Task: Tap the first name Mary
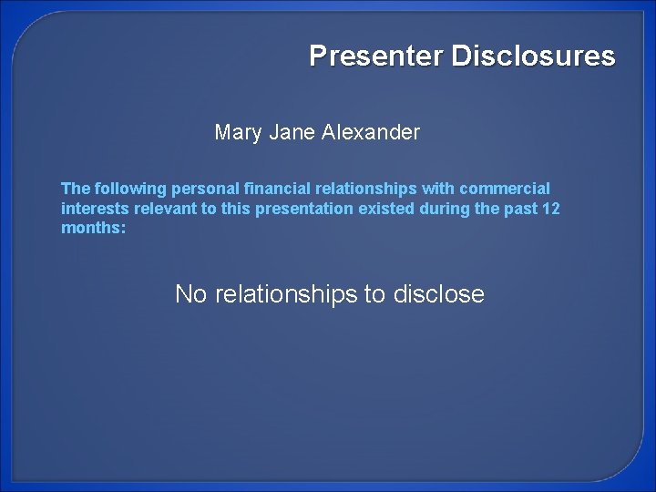[237, 133]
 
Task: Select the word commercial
[506, 189]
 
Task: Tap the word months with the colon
[91, 228]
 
